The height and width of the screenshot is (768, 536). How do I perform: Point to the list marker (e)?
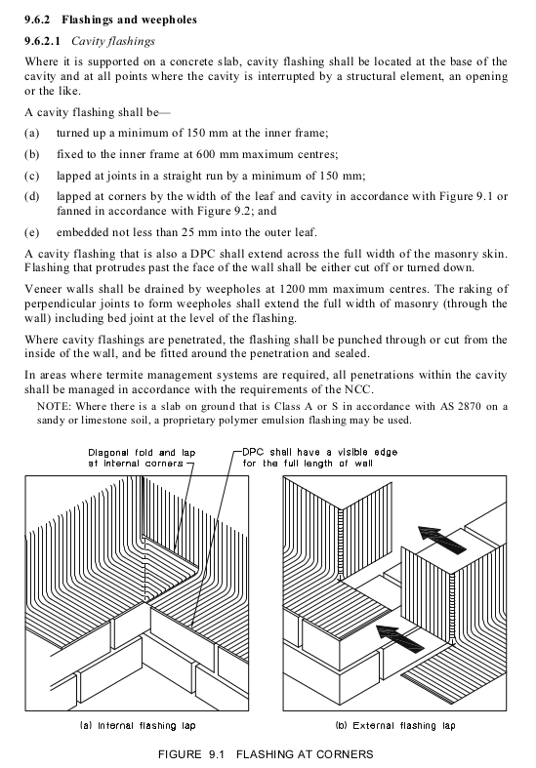tap(33, 235)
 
